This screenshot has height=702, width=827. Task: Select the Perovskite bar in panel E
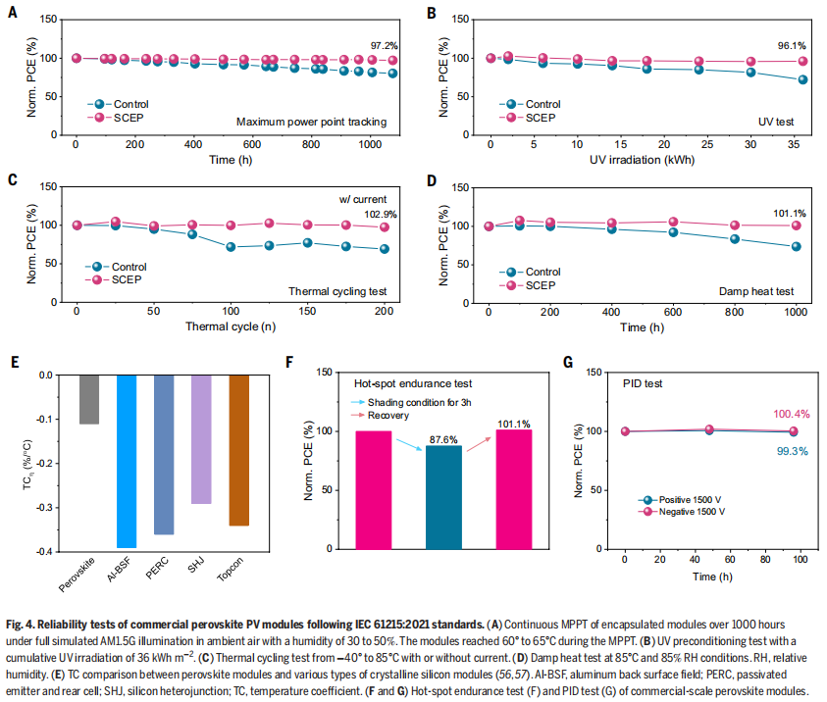tap(89, 399)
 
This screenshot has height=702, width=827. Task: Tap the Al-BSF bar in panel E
tap(127, 461)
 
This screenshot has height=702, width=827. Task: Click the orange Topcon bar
tap(238, 450)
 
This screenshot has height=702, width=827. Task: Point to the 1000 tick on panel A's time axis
tap(370, 144)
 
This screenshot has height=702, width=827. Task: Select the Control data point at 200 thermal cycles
tap(384, 249)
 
